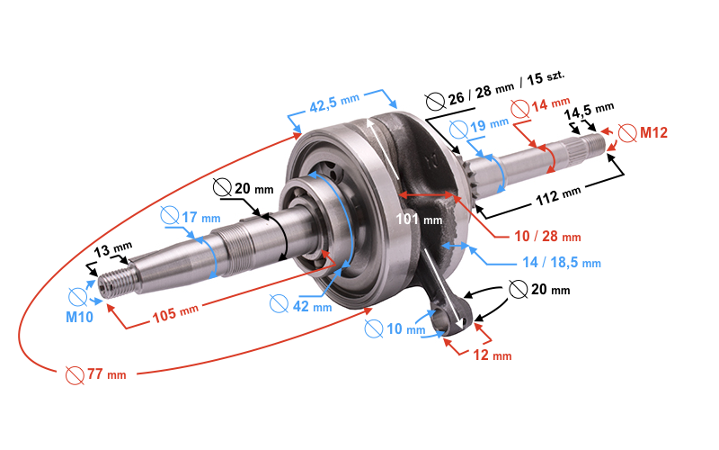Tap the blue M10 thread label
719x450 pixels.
pos(79,317)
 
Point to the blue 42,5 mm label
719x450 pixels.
pos(334,103)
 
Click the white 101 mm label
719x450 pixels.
pos(419,219)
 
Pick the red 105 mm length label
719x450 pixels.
pos(175,313)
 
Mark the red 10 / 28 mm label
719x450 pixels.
pos(547,236)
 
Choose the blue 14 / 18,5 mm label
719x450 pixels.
pos(562,262)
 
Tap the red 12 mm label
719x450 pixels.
pos(492,355)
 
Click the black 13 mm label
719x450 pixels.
pos(113,249)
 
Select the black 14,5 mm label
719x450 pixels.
pos(589,111)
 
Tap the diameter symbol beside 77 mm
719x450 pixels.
pos(75,375)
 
